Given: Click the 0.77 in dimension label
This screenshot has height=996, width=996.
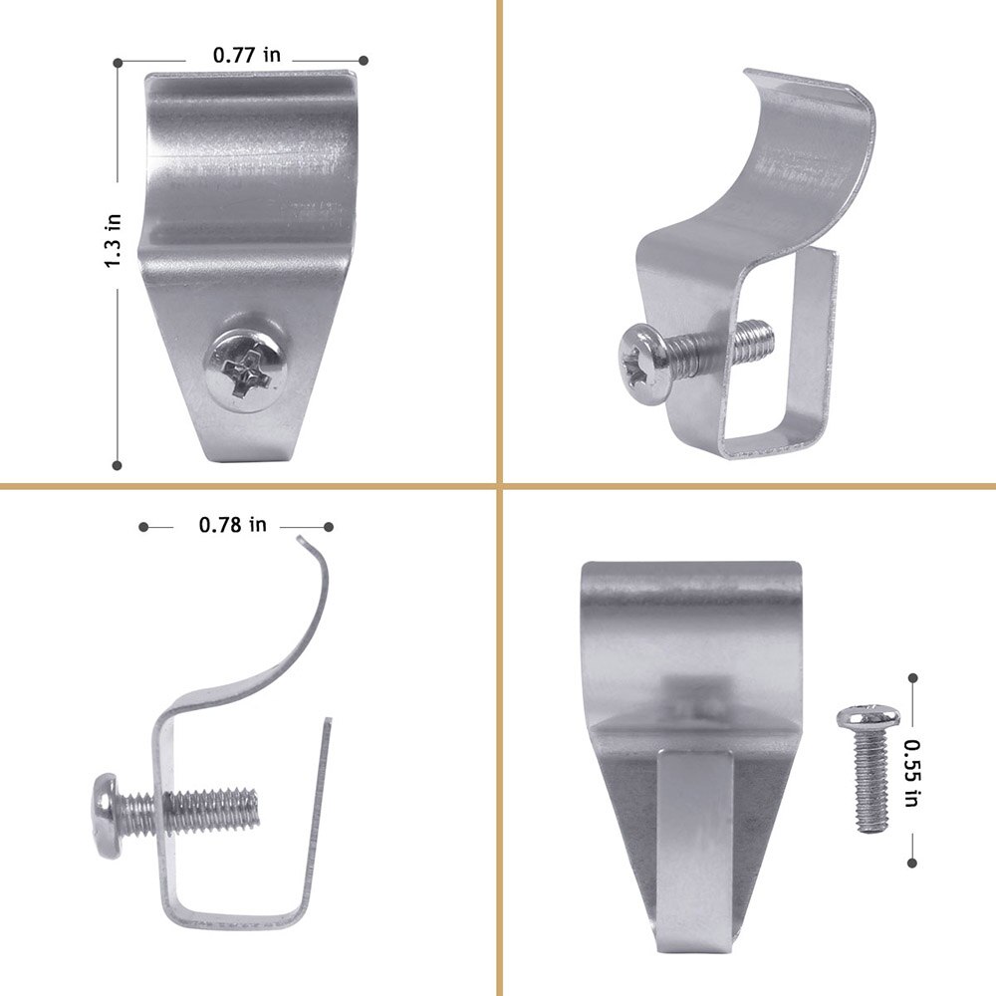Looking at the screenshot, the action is point(246,55).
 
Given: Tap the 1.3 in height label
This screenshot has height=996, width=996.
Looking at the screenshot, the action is point(114,241).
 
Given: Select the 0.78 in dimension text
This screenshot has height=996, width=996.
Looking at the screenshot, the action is point(232,525).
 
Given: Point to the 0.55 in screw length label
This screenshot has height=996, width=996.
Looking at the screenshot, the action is point(912,773).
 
